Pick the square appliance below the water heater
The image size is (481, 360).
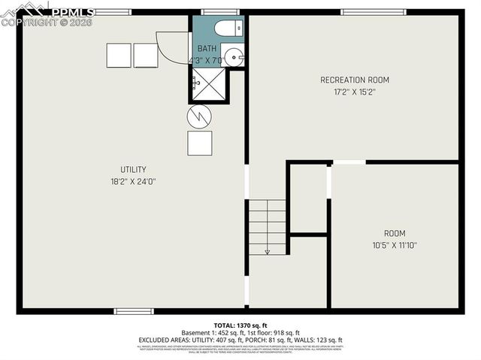pyautogui.click(x=200, y=143)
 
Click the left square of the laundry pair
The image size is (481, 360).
pyautogui.click(x=119, y=55)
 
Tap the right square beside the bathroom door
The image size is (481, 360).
pyautogui.click(x=146, y=55)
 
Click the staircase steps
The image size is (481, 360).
pyautogui.click(x=267, y=224)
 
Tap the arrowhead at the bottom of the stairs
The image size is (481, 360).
pyautogui.click(x=267, y=252)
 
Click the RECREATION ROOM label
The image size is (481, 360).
pyautogui.click(x=355, y=80)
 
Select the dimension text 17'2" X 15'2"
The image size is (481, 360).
pyautogui.click(x=355, y=92)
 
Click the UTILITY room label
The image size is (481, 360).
pyautogui.click(x=134, y=169)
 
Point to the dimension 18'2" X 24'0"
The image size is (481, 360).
pyautogui.click(x=134, y=181)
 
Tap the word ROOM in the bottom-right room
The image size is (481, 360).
pyautogui.click(x=395, y=233)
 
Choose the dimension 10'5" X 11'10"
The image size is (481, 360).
pyautogui.click(x=395, y=245)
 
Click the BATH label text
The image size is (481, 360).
pyautogui.click(x=207, y=48)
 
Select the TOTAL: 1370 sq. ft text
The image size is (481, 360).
pyautogui.click(x=240, y=323)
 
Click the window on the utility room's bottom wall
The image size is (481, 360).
pyautogui.click(x=134, y=310)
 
